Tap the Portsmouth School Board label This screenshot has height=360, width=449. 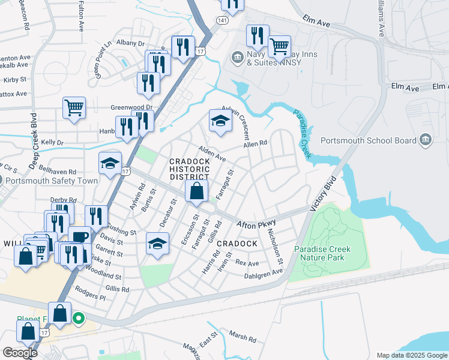click(369, 140)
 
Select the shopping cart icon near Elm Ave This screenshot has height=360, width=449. click(279, 46)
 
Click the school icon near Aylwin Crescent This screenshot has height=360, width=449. click(220, 122)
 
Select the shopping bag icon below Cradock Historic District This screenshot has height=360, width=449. click(196, 192)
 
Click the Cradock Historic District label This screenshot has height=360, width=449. click(189, 169)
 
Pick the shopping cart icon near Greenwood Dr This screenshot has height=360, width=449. click(74, 109)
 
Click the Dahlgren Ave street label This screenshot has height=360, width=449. click(263, 272)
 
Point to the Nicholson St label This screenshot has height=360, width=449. click(276, 247)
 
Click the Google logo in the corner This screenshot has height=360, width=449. click(19, 353)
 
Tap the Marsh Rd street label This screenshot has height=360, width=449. click(243, 337)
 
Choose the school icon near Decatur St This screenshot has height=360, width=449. click(157, 244)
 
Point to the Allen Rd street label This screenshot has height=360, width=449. click(255, 144)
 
